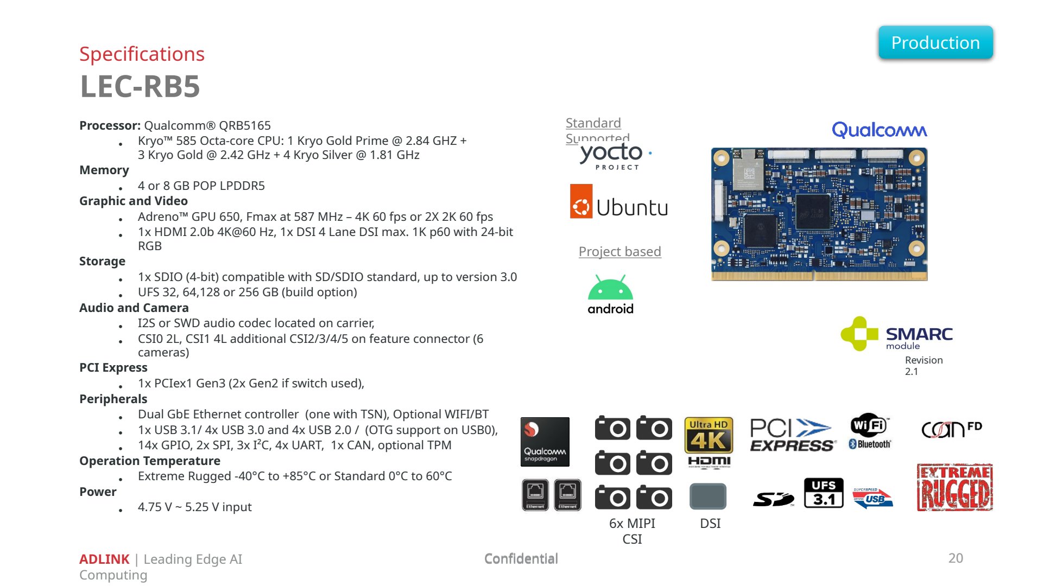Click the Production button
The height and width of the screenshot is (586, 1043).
935,42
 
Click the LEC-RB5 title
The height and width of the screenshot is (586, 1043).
140,86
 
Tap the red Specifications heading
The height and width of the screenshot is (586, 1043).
142,54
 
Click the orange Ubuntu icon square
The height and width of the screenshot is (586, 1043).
581,201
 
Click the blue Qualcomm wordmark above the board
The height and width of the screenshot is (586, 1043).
879,130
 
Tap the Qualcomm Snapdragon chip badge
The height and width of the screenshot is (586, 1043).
545,442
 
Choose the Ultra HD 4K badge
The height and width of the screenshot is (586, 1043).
709,435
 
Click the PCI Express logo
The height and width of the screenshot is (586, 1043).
793,435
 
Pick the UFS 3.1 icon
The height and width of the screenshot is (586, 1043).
824,493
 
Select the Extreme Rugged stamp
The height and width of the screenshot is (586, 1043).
955,487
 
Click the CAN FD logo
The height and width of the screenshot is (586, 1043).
952,429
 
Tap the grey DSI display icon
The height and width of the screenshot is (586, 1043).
708,496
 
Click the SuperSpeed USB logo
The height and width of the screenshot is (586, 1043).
873,498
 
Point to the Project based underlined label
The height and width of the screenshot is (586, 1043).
620,251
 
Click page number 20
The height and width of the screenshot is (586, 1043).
956,558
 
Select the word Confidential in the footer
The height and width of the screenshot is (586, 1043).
521,559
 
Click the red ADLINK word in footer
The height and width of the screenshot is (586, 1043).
104,559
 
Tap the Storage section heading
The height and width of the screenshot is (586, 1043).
102,261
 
